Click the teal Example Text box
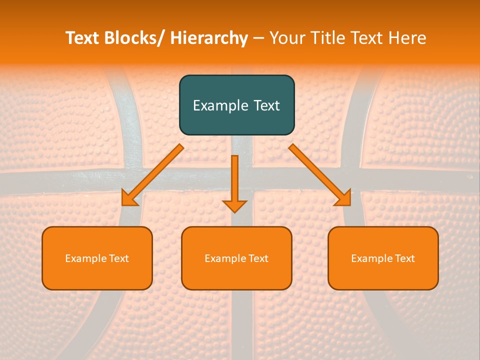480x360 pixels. pyautogui.click(x=236, y=105)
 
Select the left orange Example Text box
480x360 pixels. pyautogui.click(x=97, y=258)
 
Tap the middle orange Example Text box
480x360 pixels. pyautogui.click(x=236, y=258)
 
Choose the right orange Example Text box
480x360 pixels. pyautogui.click(x=383, y=258)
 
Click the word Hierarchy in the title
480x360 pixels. pyautogui.click(x=209, y=38)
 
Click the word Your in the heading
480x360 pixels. pyautogui.click(x=286, y=38)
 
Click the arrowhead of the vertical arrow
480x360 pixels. pyautogui.click(x=234, y=205)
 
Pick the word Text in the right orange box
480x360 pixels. pyautogui.click(x=404, y=258)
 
